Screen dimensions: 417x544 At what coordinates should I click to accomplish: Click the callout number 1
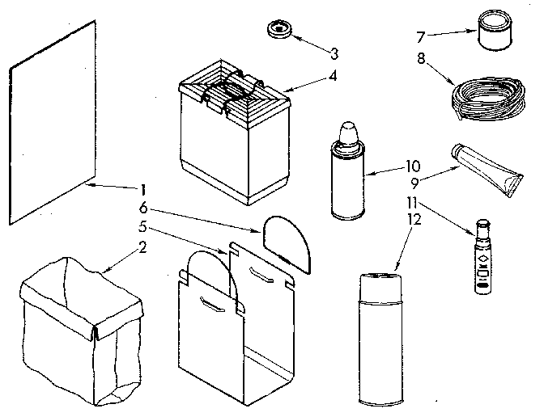142,190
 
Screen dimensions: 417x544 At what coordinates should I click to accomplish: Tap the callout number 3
334,53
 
